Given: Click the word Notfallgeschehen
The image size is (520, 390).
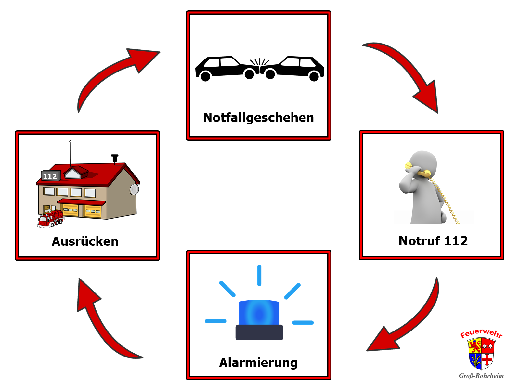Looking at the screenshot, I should point(258,118).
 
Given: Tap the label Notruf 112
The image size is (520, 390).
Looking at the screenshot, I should point(433,241).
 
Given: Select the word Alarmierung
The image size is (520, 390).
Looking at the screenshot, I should point(258,363).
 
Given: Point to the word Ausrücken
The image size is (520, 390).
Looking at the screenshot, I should point(85,241).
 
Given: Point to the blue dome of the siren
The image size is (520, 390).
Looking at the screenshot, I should point(259,313).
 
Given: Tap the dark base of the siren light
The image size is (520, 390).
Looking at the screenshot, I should point(259,332).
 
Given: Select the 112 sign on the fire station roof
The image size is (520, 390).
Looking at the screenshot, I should point(50,176).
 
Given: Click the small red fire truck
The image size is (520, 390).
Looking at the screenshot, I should point(51,219).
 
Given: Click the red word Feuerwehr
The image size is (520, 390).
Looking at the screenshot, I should point(481,333).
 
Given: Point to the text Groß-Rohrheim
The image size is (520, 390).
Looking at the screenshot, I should point(481,376).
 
